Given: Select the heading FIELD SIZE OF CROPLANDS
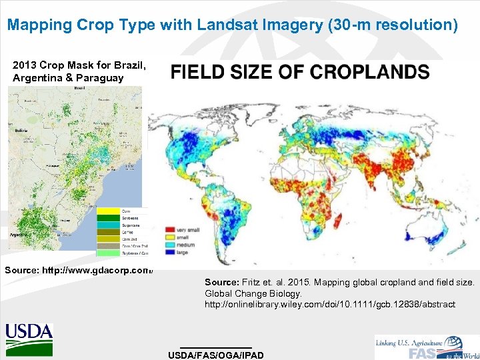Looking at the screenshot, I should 300,72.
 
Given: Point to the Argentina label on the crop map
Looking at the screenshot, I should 19,235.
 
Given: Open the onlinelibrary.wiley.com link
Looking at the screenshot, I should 330,304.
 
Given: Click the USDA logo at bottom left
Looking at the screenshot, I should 29,339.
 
